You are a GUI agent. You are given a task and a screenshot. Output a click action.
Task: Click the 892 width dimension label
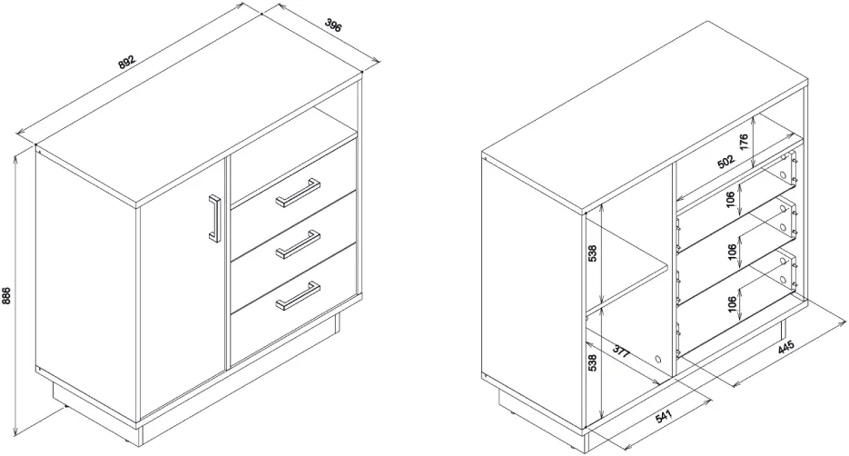coord(127,63)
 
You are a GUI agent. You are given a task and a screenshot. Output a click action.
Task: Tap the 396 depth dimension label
coord(333,25)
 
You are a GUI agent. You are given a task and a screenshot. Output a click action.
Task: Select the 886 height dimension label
coord(6,296)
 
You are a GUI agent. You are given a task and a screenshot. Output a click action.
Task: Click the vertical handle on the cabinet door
coord(215,218)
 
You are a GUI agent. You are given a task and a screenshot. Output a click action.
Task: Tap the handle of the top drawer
coord(297,193)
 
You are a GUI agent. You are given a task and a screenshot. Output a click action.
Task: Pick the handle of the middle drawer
coord(298,244)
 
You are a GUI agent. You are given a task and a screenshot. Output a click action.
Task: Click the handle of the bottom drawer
coord(298,296)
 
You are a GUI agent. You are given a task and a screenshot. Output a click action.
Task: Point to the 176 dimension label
coord(744,142)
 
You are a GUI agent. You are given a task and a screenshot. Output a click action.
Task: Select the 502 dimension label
coord(726,162)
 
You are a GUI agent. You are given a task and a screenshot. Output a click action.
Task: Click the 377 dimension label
coord(622,352)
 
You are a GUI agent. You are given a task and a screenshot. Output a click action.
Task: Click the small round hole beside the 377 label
coord(657,359)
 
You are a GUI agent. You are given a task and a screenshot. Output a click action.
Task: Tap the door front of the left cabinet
coord(183,287)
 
